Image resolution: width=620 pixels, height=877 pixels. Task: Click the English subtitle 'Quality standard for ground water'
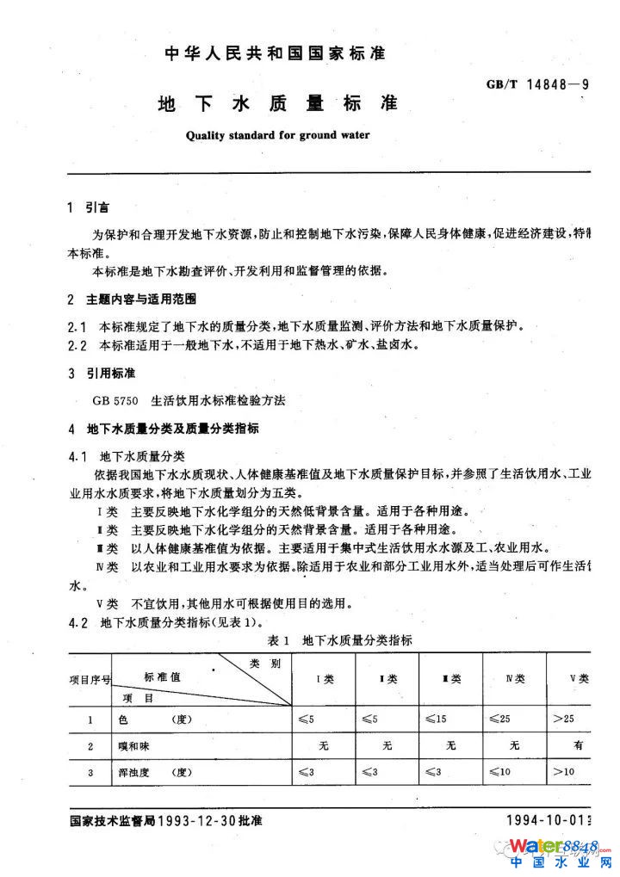coord(277,135)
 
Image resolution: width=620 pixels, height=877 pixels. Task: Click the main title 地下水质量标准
coord(277,104)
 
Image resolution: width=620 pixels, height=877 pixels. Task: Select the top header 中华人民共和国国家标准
coord(275,53)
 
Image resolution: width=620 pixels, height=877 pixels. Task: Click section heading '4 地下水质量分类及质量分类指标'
coord(162,429)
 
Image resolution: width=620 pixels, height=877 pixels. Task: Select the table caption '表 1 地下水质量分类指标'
coord(340,640)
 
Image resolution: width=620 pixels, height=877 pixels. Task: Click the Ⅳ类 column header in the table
coord(515,679)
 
